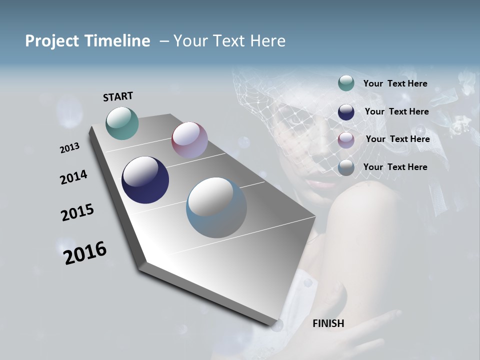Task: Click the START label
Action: [118, 96]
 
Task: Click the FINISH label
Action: [328, 323]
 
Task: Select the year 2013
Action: [69, 148]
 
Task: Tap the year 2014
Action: [73, 177]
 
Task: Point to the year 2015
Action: [77, 212]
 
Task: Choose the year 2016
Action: [85, 252]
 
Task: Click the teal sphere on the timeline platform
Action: [122, 123]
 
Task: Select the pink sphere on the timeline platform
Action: [189, 140]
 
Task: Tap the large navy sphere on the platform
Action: [145, 180]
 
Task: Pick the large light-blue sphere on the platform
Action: [216, 207]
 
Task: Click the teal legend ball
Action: [346, 83]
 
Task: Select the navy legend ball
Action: [346, 112]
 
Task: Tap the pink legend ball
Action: [346, 140]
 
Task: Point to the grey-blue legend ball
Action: [346, 167]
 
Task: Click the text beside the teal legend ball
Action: [395, 83]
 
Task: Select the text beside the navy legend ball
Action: [396, 111]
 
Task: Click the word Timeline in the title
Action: [114, 41]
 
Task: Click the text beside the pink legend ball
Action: [397, 139]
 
